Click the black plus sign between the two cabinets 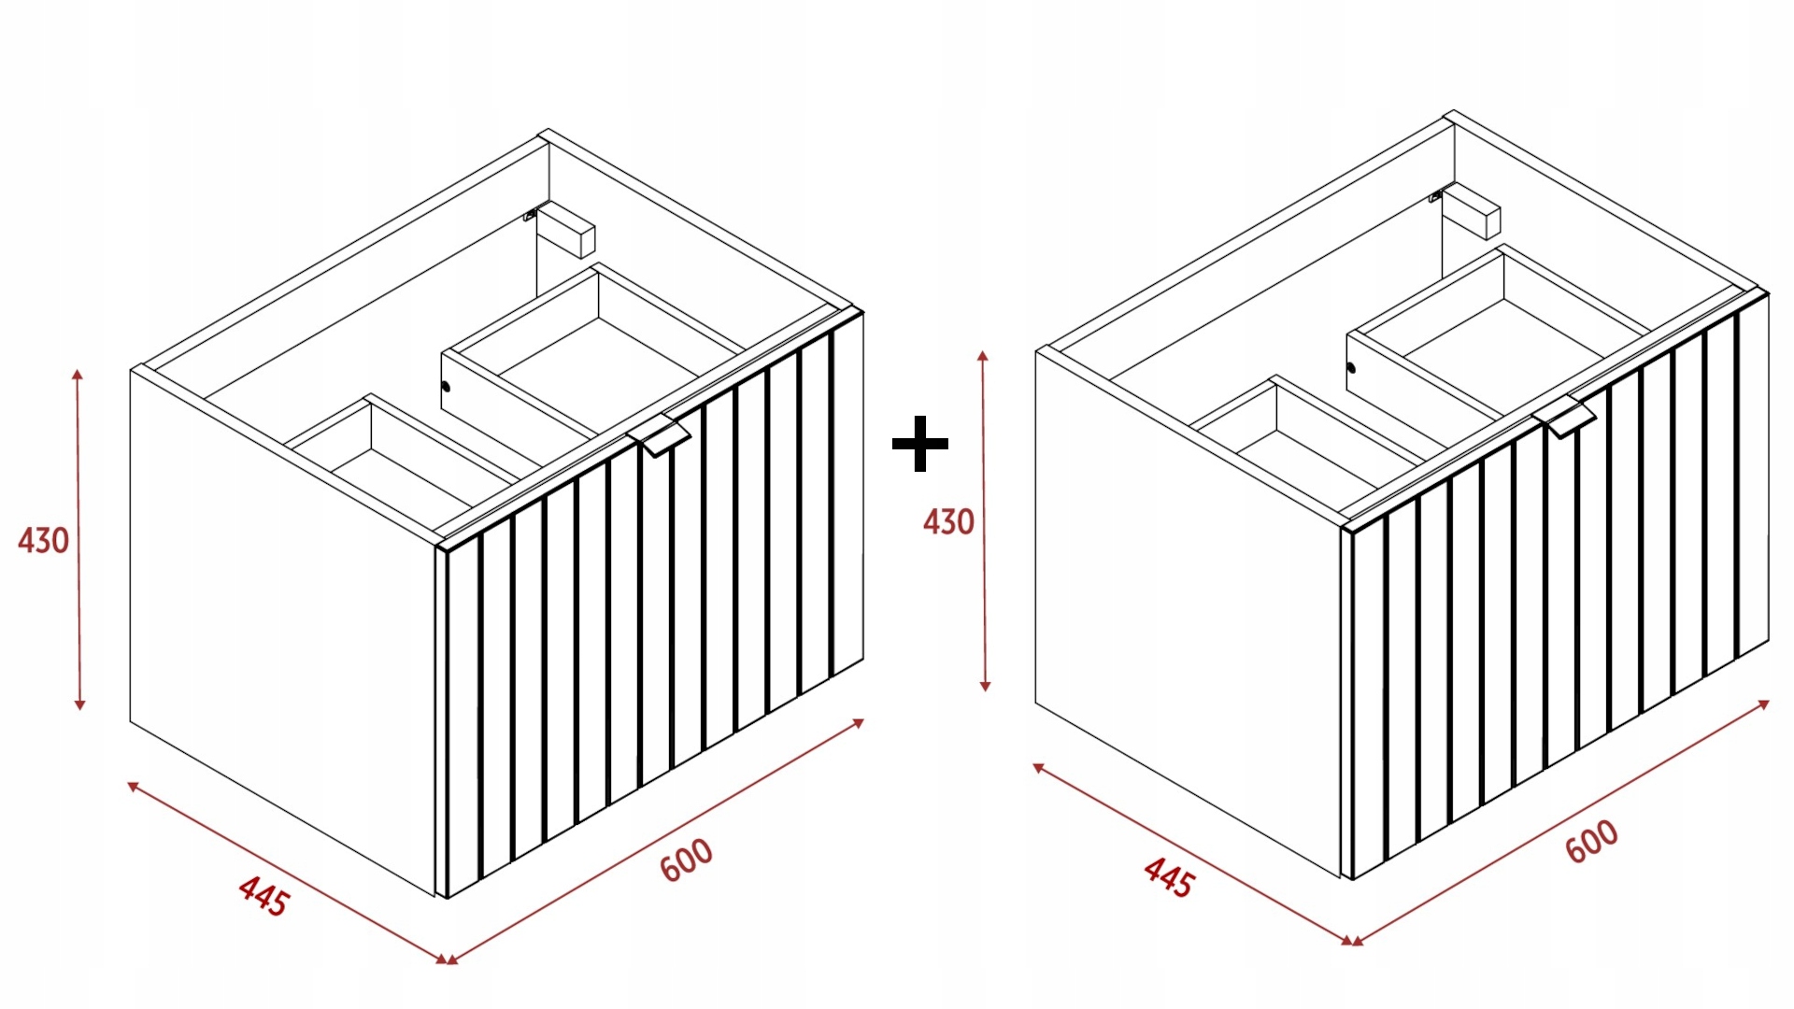point(920,444)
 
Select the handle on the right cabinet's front point(1569,415)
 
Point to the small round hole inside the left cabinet point(446,387)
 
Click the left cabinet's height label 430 point(43,540)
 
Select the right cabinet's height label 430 point(948,521)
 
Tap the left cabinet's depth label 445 point(264,896)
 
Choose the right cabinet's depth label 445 point(1169,878)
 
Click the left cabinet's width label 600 point(687,860)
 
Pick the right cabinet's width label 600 point(1592,841)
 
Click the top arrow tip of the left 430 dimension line point(78,370)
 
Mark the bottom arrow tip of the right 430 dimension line point(985,691)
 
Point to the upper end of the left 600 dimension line point(864,719)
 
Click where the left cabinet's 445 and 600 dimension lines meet point(448,961)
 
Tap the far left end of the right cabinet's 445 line point(1032,764)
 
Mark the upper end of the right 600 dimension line point(1770,701)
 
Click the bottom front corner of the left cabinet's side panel point(435,897)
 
